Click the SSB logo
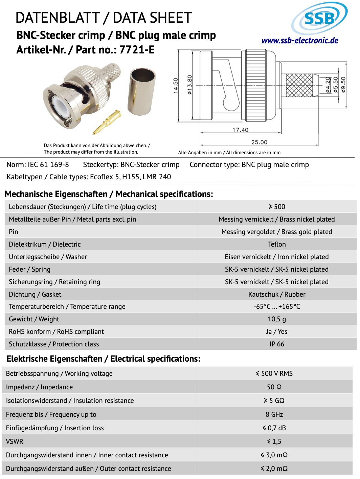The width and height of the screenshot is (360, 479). tap(319, 18)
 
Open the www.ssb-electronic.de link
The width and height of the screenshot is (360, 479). tap(300, 41)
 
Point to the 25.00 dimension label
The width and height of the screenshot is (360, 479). tap(259, 142)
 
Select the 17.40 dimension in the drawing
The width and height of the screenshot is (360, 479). tap(240, 130)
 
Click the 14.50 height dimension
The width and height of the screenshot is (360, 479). tap(175, 85)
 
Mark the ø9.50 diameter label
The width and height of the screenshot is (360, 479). tap(343, 85)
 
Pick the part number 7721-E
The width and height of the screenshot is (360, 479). tap(137, 50)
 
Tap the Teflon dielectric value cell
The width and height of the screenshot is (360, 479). tap(277, 244)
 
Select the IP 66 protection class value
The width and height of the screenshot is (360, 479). tap(277, 344)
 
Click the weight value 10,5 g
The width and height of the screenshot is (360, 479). tap(277, 319)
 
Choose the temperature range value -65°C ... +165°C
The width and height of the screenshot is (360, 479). tap(277, 306)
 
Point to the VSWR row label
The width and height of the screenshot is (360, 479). tap(15, 441)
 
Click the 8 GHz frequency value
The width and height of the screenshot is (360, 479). tap(274, 414)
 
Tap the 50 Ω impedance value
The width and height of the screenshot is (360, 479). tap(274, 387)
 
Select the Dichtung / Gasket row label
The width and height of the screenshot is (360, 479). tap(35, 294)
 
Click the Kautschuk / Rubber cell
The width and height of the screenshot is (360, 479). tap(277, 294)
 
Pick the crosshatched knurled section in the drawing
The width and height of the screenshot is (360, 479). tap(299, 85)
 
